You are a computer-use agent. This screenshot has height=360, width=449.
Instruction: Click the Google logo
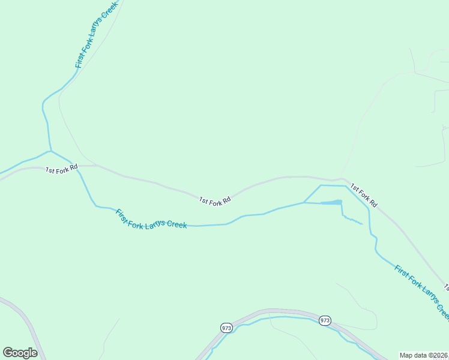point(20,352)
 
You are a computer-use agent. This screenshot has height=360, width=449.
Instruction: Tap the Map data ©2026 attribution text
point(424,355)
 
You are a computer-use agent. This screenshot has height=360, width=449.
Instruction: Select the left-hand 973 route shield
point(226,328)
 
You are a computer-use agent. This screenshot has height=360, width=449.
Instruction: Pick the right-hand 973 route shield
point(325,320)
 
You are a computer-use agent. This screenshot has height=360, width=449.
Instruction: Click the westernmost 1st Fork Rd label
point(62,169)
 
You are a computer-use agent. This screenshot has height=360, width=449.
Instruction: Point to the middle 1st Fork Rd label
point(215,201)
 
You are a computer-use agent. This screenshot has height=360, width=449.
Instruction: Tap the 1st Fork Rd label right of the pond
point(364,196)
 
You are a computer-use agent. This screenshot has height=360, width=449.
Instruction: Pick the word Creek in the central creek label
point(176,224)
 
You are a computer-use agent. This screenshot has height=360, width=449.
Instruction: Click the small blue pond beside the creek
point(332,202)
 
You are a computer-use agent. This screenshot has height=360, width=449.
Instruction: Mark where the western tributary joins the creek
point(50,151)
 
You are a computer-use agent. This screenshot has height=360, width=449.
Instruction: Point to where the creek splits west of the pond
point(304,202)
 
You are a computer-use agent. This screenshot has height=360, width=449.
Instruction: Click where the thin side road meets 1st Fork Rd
point(342,178)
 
